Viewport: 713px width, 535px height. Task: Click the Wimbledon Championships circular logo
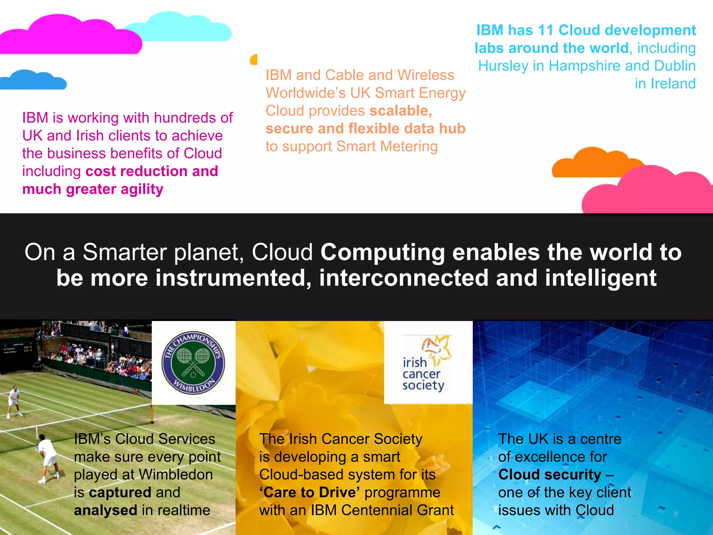[193, 362]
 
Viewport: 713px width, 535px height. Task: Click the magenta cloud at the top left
[70, 38]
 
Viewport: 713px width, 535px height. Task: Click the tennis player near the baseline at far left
[14, 401]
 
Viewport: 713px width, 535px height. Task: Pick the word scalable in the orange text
[400, 111]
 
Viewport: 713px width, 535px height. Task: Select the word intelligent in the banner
[601, 278]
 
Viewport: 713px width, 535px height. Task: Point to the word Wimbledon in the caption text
[175, 475]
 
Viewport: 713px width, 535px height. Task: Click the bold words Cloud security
[549, 475]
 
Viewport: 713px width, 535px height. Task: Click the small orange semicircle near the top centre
[254, 60]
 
